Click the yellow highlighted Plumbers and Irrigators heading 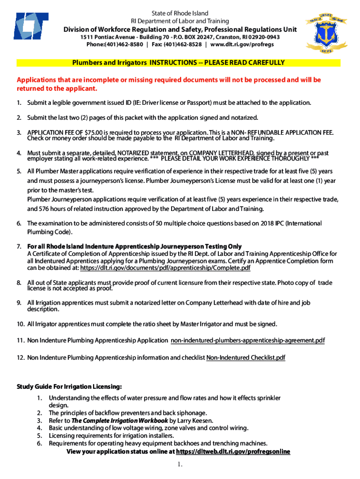(178, 63)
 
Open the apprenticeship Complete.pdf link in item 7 (166, 268)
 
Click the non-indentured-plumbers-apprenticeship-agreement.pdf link (247, 341)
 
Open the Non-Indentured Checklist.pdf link (245, 358)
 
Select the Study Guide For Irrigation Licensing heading (69, 386)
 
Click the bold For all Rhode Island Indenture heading (134, 247)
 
